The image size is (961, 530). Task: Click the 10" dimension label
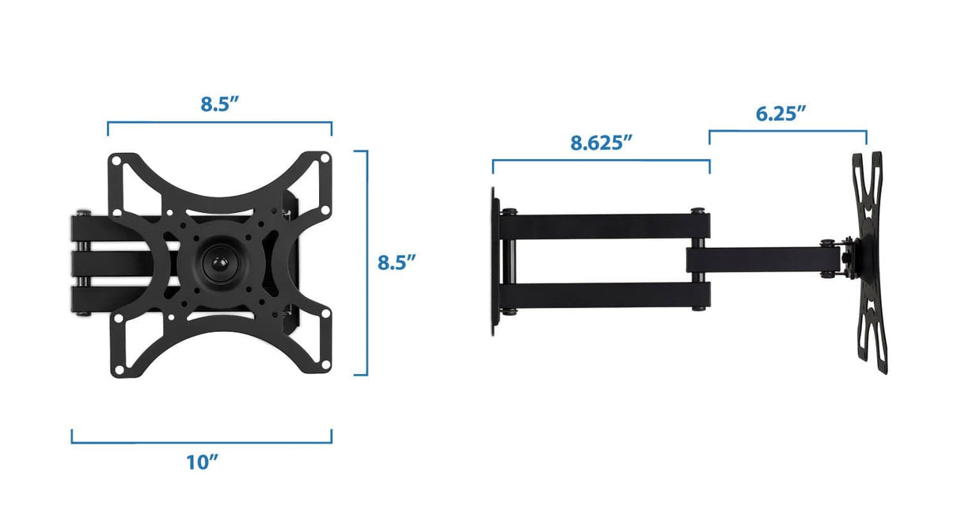tap(203, 463)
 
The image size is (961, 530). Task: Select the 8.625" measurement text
tap(602, 143)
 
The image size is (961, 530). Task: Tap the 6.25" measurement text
tap(781, 113)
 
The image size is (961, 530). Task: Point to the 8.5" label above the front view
tap(219, 105)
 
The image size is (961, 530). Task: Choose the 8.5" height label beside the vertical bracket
tap(397, 262)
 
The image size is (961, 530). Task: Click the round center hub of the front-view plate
tap(216, 262)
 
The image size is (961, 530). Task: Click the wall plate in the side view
tap(495, 262)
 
